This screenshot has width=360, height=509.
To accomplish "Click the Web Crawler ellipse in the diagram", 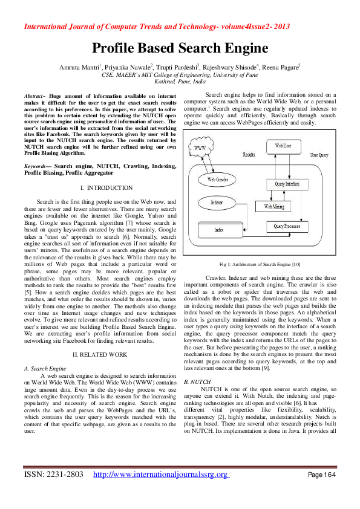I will [217, 180].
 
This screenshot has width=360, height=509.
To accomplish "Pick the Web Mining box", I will [273, 207].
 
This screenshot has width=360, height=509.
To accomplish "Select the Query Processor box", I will [287, 226].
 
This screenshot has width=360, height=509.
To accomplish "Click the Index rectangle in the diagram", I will [219, 230].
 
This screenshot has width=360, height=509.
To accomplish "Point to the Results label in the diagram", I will [249, 155].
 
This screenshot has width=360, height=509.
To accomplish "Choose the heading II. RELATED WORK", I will [99, 354].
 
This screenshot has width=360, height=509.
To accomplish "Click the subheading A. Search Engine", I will [44, 368].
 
